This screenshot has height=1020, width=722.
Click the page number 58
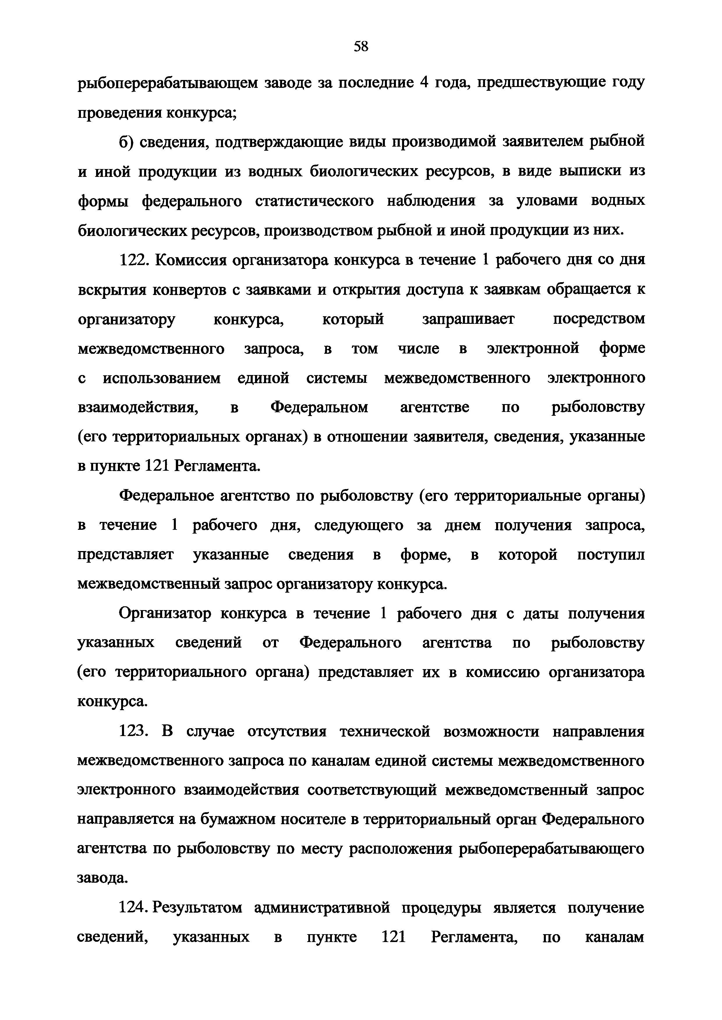(360, 46)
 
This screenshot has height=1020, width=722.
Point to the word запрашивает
(468, 319)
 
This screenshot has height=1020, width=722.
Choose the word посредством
(598, 319)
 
